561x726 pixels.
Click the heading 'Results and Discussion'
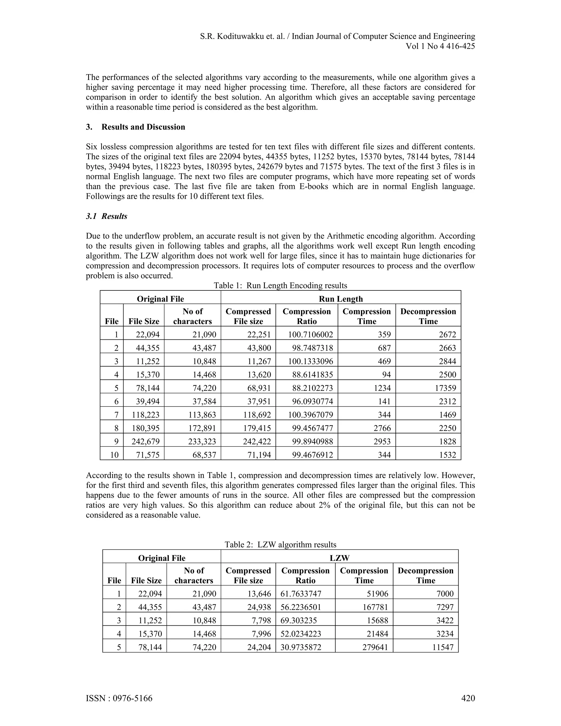tap(143, 127)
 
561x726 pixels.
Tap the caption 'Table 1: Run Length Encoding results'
tap(280, 285)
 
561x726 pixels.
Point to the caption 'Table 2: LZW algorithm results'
tap(280, 545)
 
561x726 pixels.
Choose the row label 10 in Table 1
tap(114, 455)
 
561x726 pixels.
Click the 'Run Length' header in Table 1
tap(341, 299)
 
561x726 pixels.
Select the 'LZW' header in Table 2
tap(339, 558)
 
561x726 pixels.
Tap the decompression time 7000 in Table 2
tap(445, 594)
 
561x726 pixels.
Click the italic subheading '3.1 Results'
tap(106, 216)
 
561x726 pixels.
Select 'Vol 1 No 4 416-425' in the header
tap(440, 46)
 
